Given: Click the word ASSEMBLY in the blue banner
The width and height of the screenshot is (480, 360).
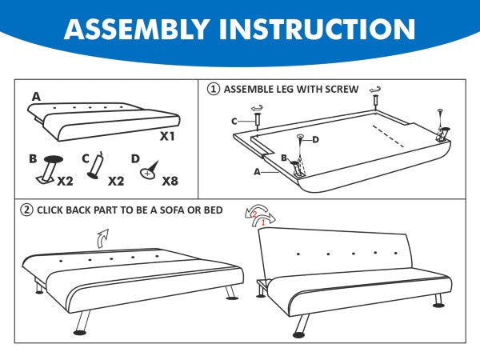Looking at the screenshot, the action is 137,29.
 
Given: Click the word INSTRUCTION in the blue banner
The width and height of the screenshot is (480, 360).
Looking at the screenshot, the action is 317,29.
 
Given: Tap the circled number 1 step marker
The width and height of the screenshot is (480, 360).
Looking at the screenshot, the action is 214,89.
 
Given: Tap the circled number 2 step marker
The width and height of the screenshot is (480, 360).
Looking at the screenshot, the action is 26,210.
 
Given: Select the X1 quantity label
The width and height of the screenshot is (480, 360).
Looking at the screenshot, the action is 167,136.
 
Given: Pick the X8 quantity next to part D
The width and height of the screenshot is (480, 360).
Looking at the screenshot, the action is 170,181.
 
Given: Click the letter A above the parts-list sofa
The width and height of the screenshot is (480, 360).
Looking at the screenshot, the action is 36,97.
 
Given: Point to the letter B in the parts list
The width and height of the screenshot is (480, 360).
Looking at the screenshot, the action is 33,159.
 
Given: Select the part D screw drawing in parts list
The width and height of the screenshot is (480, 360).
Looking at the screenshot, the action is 150,170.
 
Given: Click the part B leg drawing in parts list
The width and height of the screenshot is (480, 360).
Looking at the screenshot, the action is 50,170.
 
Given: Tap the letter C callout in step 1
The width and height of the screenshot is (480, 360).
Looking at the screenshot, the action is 234,122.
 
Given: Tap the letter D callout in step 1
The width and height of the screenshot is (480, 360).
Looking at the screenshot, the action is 316,140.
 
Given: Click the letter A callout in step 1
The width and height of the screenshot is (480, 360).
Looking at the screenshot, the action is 257,172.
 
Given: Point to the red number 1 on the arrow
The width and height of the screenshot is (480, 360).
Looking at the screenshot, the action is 263,223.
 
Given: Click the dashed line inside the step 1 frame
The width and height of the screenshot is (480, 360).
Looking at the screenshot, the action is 388,136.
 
